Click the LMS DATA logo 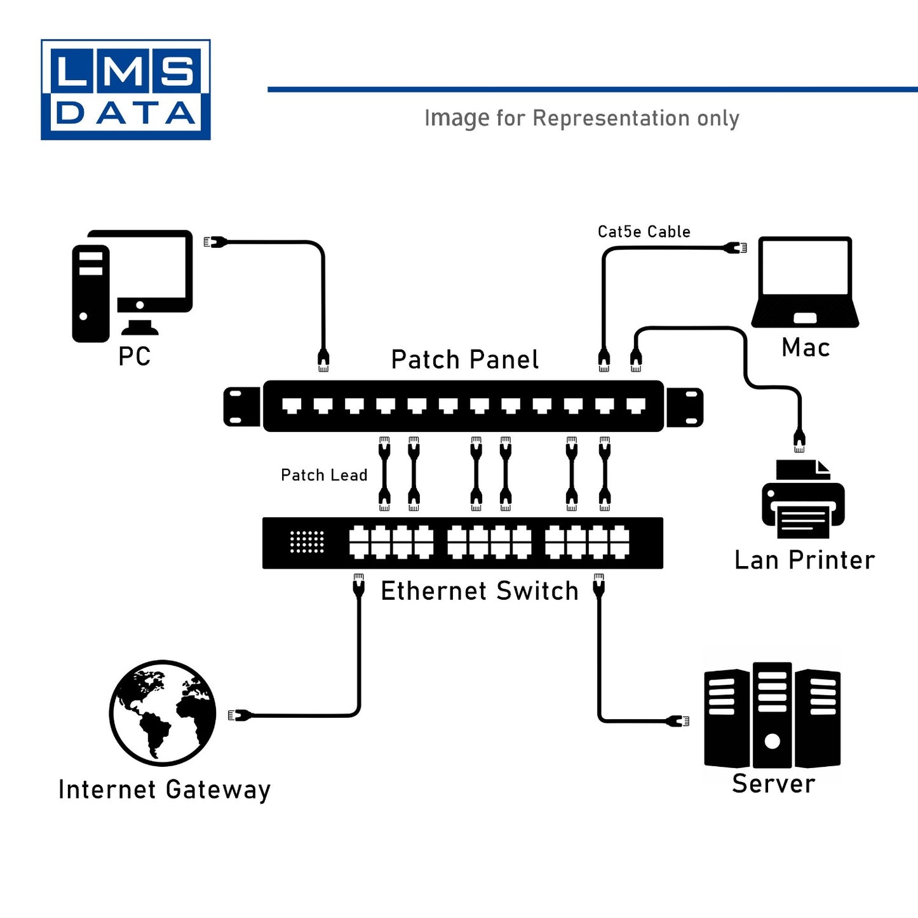coord(126,90)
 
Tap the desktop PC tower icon coord(91,294)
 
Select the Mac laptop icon coord(805,283)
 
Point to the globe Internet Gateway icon coord(163,713)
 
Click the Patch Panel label coord(464,360)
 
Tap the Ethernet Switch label coord(480,591)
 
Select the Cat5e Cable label coord(644,232)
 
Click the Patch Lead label coord(324,475)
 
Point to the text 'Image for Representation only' coord(581,118)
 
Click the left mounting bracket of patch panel coord(241,407)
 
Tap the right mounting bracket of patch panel coord(685,407)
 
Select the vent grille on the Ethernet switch coord(307,542)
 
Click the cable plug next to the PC coord(215,241)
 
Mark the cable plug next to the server coord(678,720)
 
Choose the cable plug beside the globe coord(239,715)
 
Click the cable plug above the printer coord(799,440)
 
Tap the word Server coord(773,783)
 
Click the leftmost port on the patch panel coord(292,405)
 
